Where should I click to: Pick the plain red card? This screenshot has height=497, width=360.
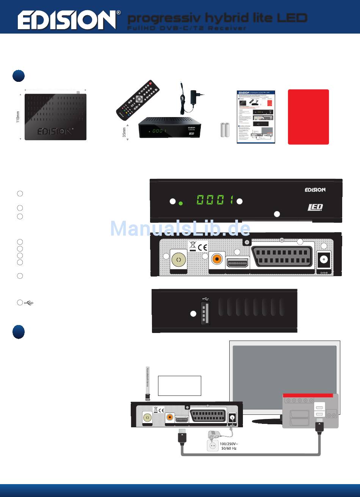(x=308, y=117)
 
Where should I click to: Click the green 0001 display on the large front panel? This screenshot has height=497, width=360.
(x=214, y=200)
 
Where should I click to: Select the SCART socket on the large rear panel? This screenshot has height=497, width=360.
(x=283, y=256)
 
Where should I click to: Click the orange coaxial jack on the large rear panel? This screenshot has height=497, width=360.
(x=217, y=259)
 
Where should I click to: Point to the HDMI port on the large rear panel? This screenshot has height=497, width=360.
(x=237, y=262)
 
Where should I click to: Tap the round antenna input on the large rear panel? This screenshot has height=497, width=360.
(x=179, y=260)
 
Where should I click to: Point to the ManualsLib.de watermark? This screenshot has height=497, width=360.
(x=180, y=228)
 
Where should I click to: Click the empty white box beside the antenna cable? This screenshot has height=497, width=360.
(x=179, y=386)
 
